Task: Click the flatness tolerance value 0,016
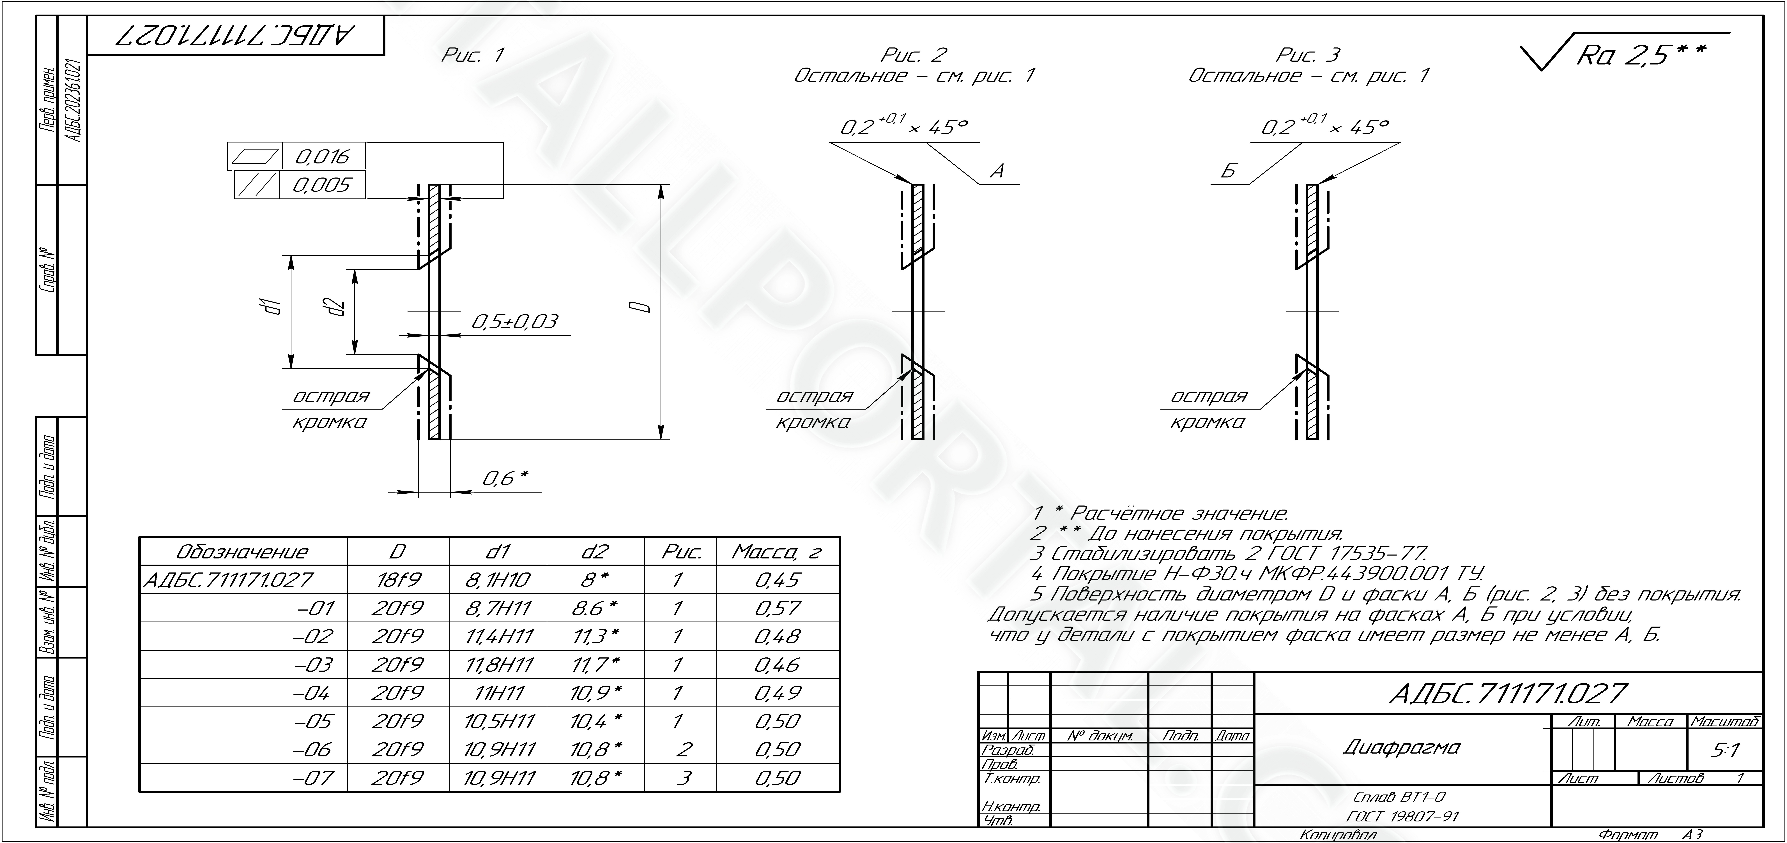point(323,157)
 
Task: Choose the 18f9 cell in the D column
point(397,579)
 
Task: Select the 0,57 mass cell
point(777,608)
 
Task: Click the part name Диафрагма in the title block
point(1401,747)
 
